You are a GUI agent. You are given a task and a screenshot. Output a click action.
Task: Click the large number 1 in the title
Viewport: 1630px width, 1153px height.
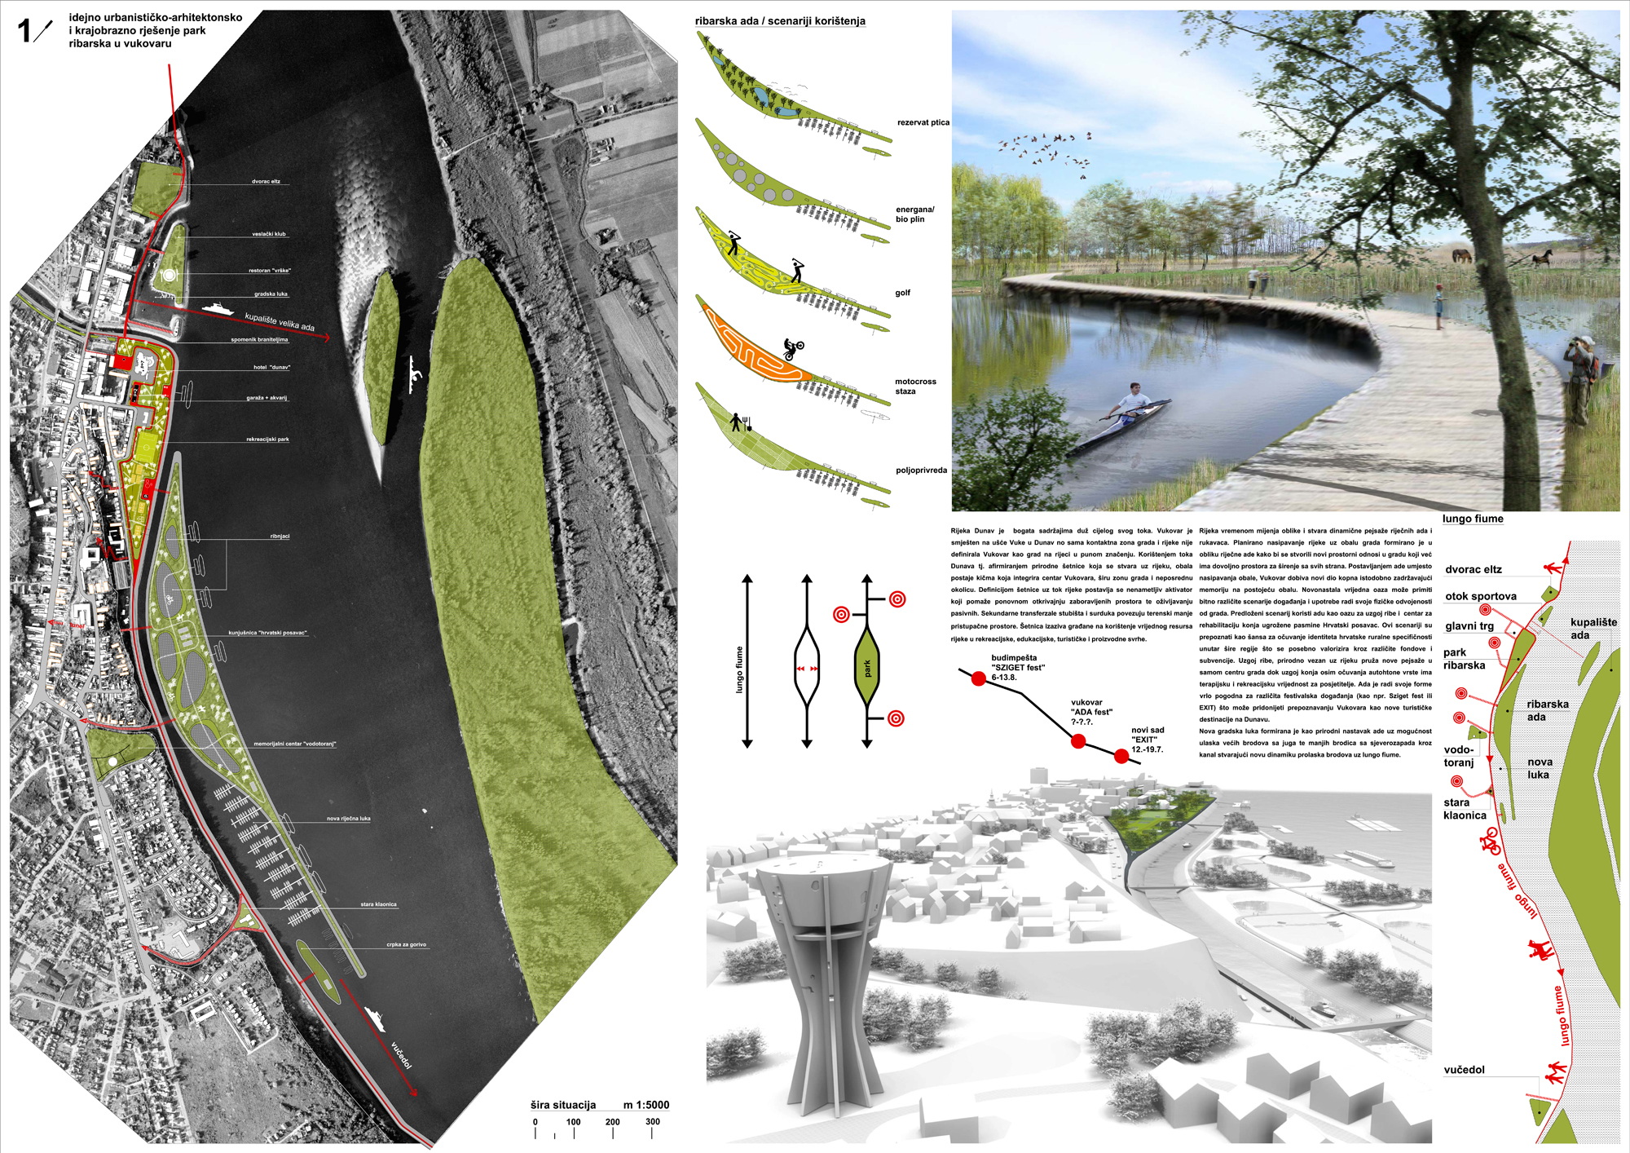tap(24, 31)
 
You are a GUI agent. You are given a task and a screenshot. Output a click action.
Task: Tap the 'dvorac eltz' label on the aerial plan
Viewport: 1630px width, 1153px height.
tap(266, 182)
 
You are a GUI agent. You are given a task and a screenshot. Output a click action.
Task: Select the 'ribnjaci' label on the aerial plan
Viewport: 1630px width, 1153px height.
tap(280, 537)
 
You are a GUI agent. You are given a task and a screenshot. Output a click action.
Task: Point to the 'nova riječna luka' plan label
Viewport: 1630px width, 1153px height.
tap(348, 819)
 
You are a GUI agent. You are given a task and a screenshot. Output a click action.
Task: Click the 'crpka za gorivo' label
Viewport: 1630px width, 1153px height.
tap(406, 945)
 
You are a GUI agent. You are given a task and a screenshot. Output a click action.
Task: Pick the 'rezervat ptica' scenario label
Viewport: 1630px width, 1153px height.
tap(923, 123)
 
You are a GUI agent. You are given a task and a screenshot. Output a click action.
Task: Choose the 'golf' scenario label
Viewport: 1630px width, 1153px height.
tap(902, 293)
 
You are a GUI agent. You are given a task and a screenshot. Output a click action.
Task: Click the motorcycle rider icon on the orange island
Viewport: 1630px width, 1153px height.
tap(792, 349)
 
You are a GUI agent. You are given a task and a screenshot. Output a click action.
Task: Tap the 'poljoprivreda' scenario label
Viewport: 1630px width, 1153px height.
tap(921, 470)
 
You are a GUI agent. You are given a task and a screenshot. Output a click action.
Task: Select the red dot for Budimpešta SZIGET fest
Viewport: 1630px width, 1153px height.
tap(978, 678)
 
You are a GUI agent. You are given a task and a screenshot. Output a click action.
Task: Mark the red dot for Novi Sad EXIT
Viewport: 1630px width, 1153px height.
tap(1121, 757)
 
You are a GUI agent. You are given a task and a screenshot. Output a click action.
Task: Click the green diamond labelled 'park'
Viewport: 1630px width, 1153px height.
tap(867, 668)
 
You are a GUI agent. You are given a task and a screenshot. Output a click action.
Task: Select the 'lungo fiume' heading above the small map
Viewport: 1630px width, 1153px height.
tap(1472, 519)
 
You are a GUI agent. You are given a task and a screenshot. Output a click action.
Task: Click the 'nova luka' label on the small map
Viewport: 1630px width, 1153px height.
tap(1539, 768)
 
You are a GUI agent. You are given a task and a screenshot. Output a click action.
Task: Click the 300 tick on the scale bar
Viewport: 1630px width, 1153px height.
tap(652, 1122)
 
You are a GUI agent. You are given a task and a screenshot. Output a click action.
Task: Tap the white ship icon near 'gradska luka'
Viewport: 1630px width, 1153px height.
tap(217, 308)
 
